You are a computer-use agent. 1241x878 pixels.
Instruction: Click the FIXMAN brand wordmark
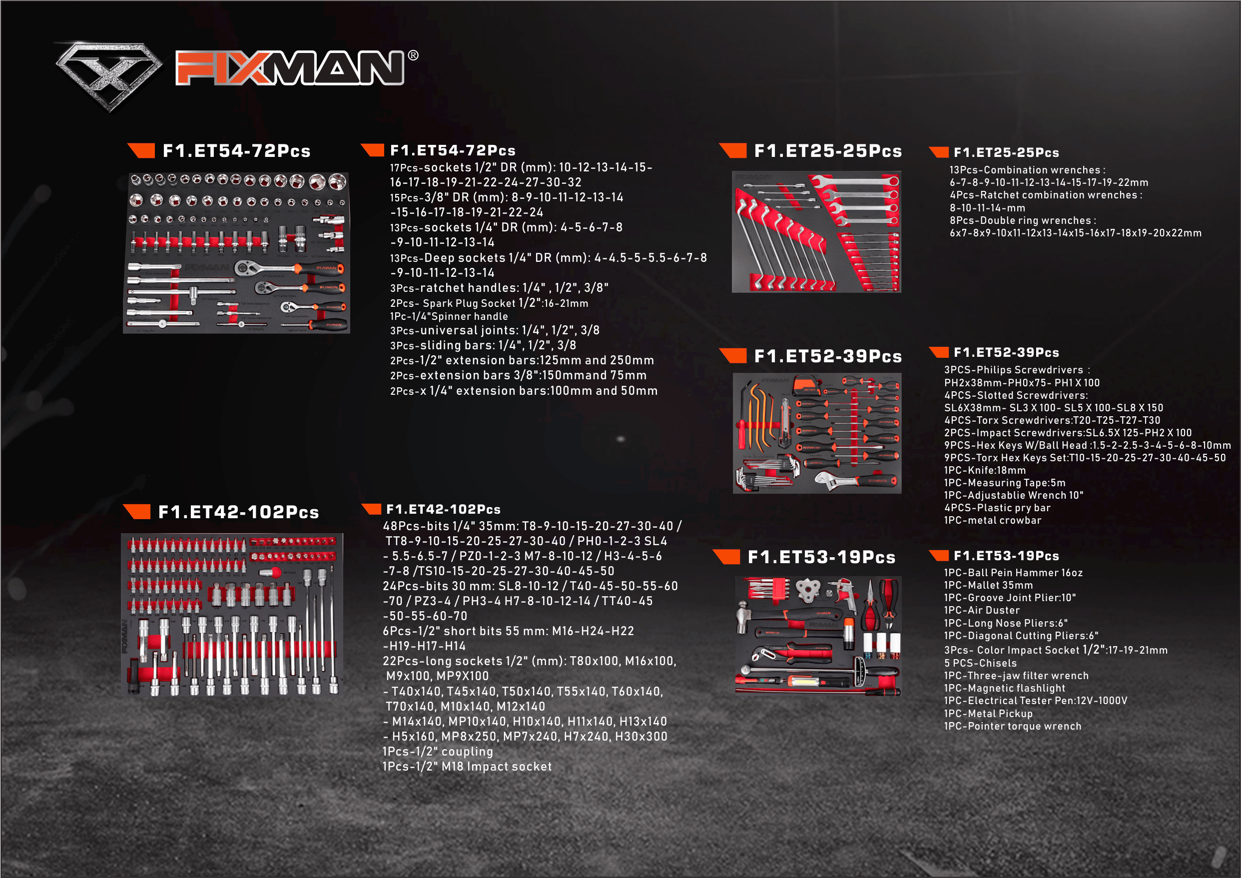[x=290, y=68]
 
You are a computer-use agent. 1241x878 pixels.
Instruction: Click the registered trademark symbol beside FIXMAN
[x=413, y=55]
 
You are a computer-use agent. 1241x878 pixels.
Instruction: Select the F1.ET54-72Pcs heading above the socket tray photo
[x=237, y=151]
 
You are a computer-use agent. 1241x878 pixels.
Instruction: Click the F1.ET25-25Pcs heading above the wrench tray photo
[x=828, y=151]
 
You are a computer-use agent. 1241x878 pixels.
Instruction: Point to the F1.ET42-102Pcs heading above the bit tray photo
[x=238, y=512]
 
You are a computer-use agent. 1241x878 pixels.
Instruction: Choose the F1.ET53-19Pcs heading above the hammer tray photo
[x=821, y=557]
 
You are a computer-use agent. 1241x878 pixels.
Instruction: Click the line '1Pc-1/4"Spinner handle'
[x=449, y=316]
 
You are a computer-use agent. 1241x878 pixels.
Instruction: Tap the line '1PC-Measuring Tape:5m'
[x=1005, y=483]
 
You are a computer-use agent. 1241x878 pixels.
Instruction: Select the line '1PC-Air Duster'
[x=982, y=610]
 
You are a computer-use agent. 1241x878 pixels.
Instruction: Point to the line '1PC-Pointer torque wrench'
[x=1013, y=726]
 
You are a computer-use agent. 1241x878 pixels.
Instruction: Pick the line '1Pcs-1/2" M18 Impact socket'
[x=467, y=766]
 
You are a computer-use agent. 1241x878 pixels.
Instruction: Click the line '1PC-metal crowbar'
[x=993, y=520]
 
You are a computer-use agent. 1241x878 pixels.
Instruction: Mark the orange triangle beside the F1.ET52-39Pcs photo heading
[x=733, y=356]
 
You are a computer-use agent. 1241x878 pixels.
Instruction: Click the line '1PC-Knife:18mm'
[x=985, y=470]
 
